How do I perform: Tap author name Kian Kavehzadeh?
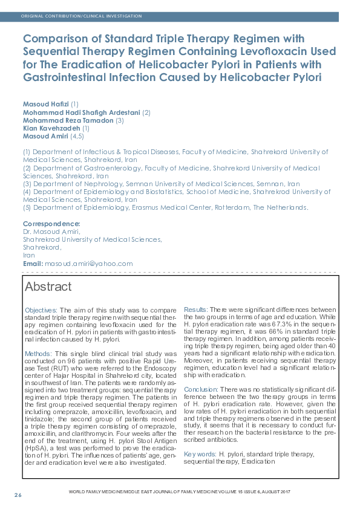click(x=51, y=128)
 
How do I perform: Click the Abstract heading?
click(x=48, y=287)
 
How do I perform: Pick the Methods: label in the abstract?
click(x=38, y=353)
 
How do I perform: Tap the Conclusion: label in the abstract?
click(x=200, y=389)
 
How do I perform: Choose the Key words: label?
click(x=200, y=453)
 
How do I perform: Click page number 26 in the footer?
click(x=18, y=496)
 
